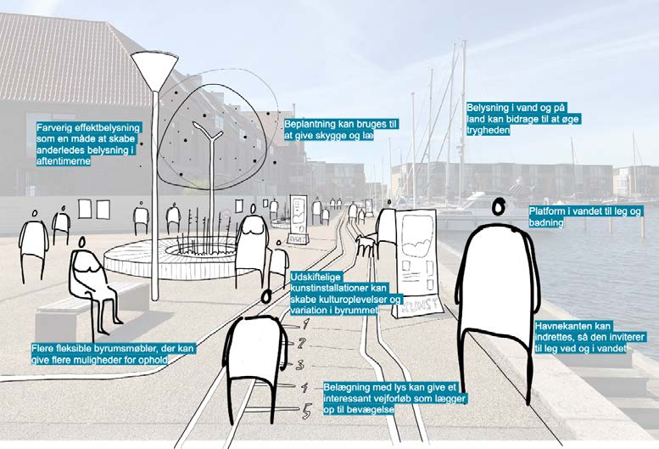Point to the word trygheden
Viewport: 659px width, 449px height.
point(488,131)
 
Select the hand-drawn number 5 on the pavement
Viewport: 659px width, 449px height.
point(308,411)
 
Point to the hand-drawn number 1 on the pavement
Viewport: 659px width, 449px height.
point(305,323)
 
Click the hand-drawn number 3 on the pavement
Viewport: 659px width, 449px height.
point(299,364)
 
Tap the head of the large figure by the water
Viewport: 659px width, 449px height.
point(499,206)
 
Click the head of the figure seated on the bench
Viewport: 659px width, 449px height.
point(82,242)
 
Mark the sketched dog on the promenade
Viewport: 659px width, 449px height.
point(365,245)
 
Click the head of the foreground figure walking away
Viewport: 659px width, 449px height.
point(267,296)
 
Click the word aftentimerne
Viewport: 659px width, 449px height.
point(64,160)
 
